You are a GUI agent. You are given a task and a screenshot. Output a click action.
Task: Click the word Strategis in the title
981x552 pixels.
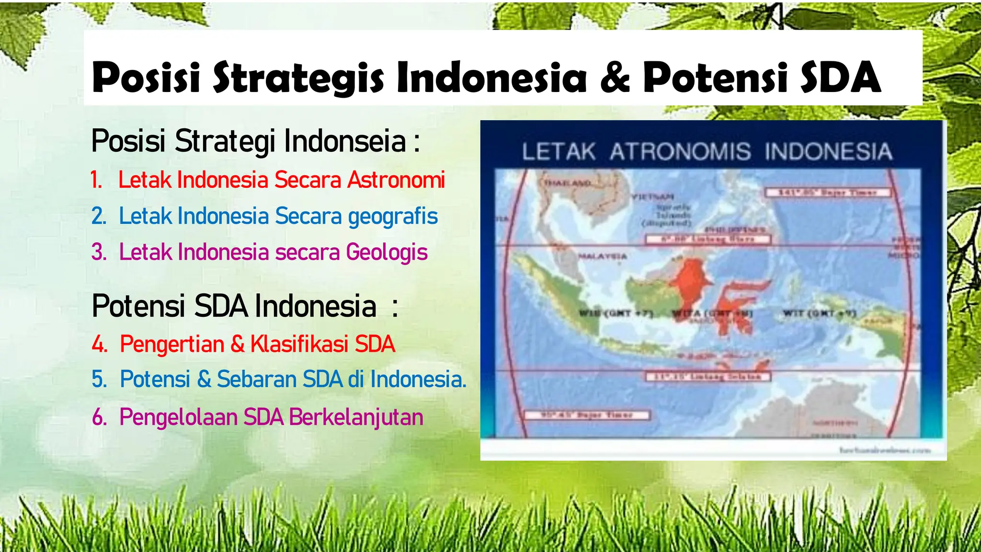coord(298,77)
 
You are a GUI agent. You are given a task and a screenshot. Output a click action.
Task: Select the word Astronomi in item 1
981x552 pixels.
coord(396,180)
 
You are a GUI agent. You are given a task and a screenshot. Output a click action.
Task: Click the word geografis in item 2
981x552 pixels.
coord(393,216)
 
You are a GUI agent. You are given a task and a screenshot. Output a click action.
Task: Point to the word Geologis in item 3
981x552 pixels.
coord(387,252)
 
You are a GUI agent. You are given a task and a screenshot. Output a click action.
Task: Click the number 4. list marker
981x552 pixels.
coord(100,345)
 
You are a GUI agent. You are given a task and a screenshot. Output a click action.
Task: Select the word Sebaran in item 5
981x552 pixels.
coord(257,379)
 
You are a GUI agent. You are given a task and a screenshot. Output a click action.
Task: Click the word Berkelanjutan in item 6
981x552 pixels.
coord(356,417)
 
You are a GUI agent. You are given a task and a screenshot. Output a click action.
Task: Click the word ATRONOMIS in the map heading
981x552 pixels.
coord(680,151)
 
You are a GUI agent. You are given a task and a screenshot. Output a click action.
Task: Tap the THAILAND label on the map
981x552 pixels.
coord(567,183)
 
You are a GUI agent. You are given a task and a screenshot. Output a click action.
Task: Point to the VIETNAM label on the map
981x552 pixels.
coord(652,196)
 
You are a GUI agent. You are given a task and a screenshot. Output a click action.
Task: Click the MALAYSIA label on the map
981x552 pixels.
coord(602,256)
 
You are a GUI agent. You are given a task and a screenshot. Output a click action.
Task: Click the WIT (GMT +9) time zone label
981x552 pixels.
coord(819,313)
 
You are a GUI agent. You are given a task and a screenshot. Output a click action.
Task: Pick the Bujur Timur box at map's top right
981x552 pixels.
coord(827,193)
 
